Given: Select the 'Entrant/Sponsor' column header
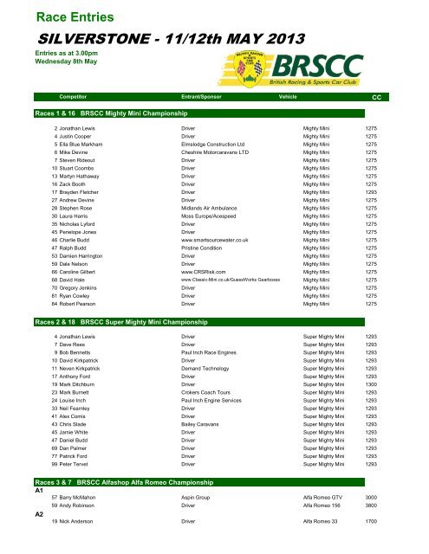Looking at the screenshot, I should pos(205,98).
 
